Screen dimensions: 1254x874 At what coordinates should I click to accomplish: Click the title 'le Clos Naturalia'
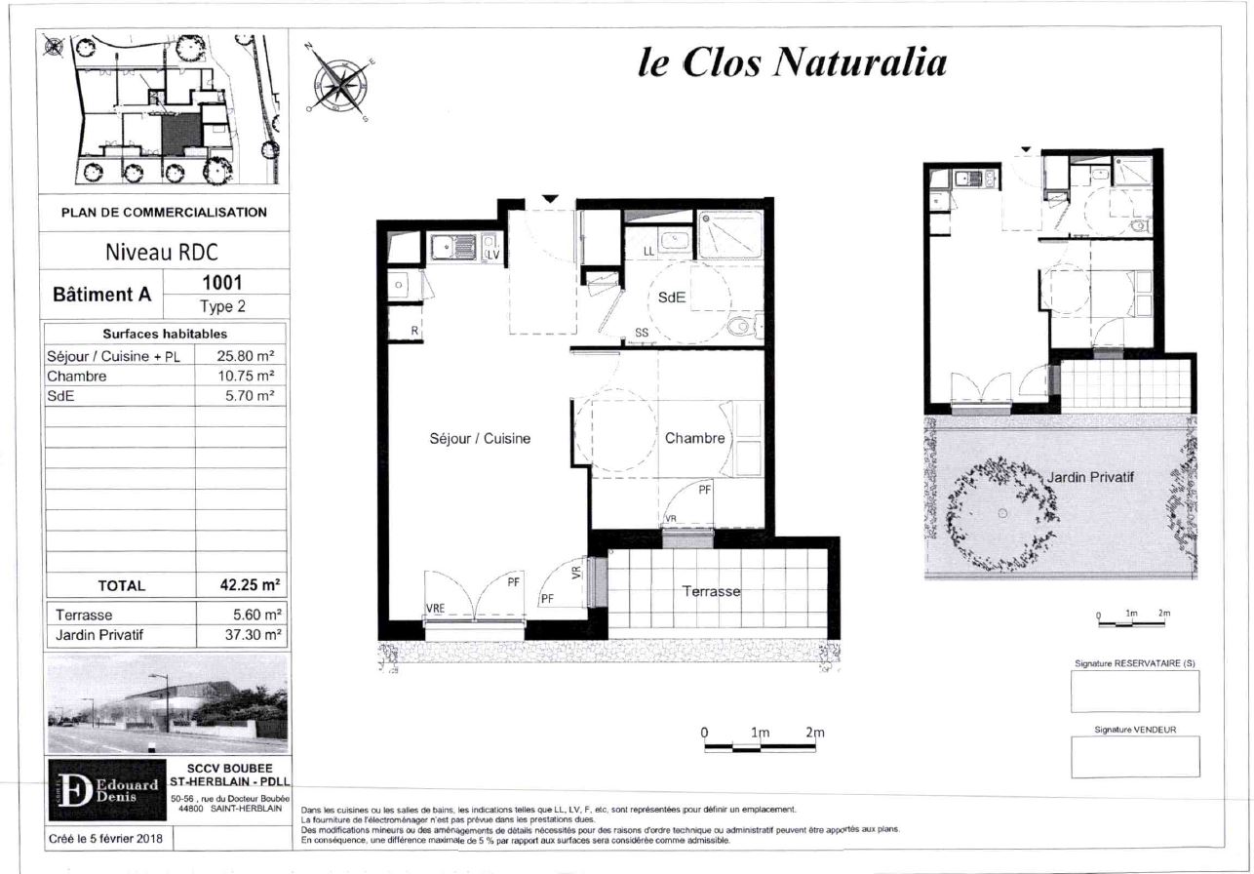click(792, 61)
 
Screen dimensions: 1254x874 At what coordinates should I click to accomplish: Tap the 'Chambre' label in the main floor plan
click(694, 438)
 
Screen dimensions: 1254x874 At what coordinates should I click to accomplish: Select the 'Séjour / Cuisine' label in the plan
click(480, 438)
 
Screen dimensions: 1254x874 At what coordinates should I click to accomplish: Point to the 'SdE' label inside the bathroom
click(671, 298)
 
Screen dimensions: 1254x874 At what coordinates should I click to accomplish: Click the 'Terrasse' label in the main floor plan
click(711, 591)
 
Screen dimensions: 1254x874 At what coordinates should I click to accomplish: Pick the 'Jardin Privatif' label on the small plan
click(1090, 477)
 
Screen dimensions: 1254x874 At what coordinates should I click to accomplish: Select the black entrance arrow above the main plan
click(550, 199)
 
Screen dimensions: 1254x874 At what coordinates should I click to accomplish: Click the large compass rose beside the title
click(339, 82)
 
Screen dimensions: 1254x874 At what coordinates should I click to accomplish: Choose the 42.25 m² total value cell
click(250, 585)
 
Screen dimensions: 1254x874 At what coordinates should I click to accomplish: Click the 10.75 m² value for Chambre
click(246, 376)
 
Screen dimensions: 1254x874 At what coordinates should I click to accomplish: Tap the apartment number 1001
click(222, 282)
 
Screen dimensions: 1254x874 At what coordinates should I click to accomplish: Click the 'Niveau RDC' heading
click(161, 252)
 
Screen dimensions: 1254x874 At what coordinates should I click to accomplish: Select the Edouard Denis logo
click(107, 790)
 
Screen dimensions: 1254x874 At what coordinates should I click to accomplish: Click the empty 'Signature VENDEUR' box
click(1135, 756)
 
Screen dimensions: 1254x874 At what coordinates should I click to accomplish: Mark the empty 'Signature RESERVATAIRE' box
click(1135, 691)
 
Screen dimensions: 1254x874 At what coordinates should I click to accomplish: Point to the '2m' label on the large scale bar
click(815, 732)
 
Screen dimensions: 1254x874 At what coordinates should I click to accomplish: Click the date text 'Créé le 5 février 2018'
click(105, 838)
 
